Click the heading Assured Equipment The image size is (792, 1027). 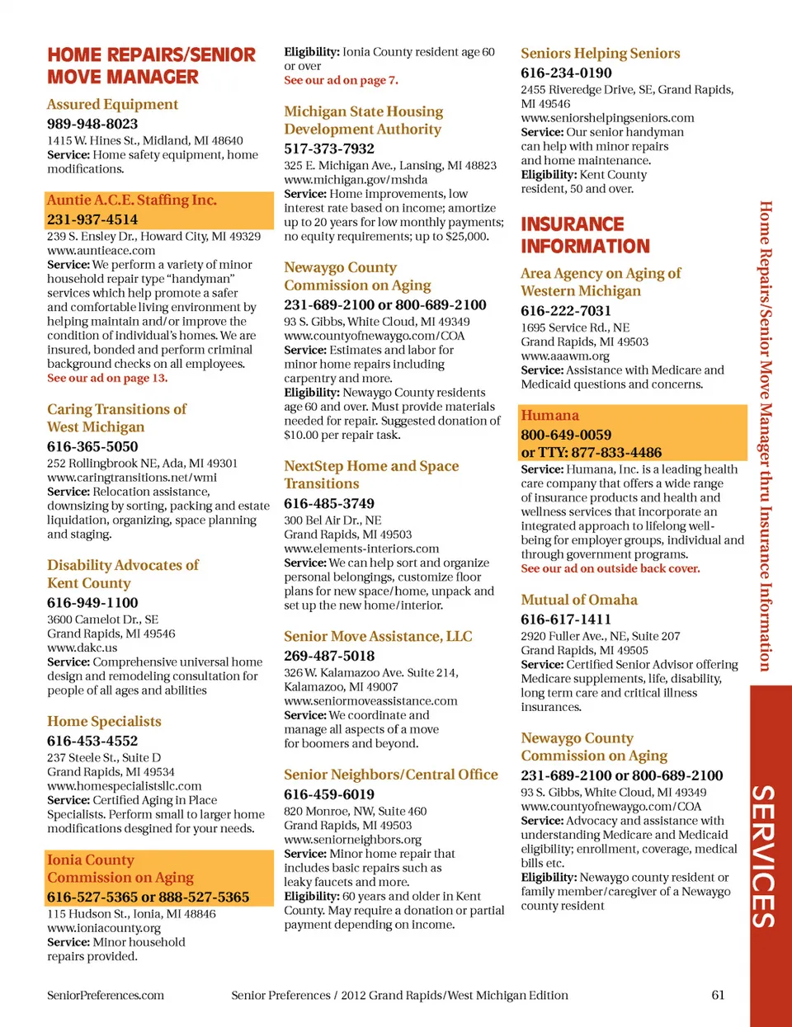112,105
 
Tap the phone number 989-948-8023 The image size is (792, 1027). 92,124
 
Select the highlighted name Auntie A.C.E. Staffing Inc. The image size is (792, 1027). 132,200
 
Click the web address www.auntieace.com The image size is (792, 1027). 101,251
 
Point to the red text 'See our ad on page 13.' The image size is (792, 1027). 107,378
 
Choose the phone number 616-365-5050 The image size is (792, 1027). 92,446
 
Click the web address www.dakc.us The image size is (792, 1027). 82,648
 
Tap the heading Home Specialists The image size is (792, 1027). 104,722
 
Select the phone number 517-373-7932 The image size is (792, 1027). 329,148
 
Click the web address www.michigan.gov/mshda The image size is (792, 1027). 356,180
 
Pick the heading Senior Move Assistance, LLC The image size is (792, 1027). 378,637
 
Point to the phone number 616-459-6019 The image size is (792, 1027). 329,794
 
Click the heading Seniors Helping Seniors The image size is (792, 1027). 601,54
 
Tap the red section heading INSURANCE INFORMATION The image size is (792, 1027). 585,235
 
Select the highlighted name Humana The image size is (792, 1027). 549,416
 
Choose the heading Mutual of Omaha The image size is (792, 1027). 579,601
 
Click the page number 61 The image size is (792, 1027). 718,995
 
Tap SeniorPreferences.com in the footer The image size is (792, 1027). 106,996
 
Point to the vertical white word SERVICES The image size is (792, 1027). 764,855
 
